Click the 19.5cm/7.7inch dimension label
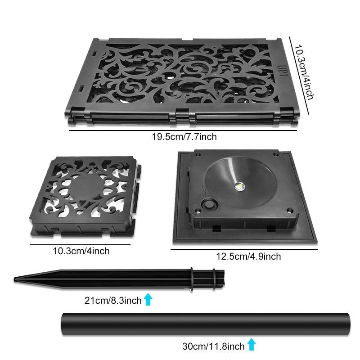pyautogui.click(x=184, y=137)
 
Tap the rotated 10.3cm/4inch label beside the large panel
pyautogui.click(x=304, y=72)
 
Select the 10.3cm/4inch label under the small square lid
pyautogui.click(x=81, y=251)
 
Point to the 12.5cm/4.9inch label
pyautogui.click(x=248, y=256)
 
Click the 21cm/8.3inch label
pyautogui.click(x=113, y=300)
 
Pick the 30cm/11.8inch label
pyautogui.click(x=213, y=346)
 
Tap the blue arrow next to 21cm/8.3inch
pyautogui.click(x=148, y=299)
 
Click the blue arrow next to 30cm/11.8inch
pyautogui.click(x=252, y=344)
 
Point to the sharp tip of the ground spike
pyautogui.click(x=15, y=279)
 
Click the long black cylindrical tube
pyautogui.click(x=206, y=324)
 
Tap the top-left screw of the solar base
pyautogui.click(x=197, y=154)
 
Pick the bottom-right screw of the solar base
pyautogui.click(x=290, y=210)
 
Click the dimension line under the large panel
pyautogui.click(x=183, y=130)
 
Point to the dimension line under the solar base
pyautogui.click(x=244, y=249)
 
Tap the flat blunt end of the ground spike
pyautogui.click(x=223, y=279)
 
